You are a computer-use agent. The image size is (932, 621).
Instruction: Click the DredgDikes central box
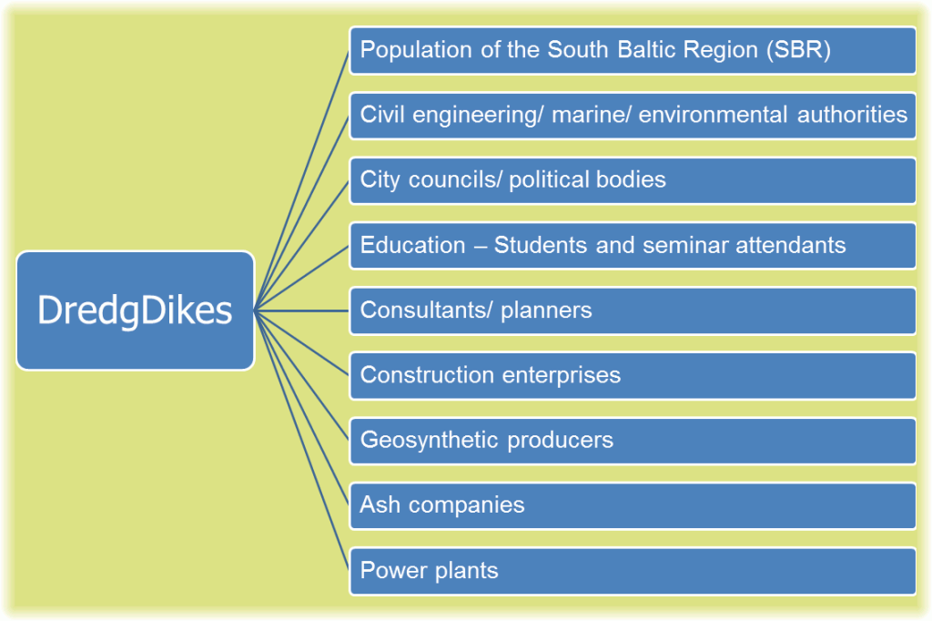click(136, 310)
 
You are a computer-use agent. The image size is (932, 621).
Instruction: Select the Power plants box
click(633, 571)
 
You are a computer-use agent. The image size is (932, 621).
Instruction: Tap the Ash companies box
click(633, 505)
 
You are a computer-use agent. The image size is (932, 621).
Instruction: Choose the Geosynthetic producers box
click(633, 441)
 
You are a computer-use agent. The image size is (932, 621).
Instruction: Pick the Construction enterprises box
click(633, 376)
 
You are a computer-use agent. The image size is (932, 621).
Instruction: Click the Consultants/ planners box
click(633, 310)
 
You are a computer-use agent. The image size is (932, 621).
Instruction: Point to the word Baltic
click(646, 49)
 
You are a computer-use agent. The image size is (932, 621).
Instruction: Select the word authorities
click(852, 114)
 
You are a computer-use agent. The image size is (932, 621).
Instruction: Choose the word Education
click(412, 245)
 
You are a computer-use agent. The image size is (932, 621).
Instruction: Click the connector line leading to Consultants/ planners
click(301, 310)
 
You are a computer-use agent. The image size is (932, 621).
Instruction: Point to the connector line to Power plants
click(301, 441)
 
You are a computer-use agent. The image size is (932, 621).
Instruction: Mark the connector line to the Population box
click(301, 180)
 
